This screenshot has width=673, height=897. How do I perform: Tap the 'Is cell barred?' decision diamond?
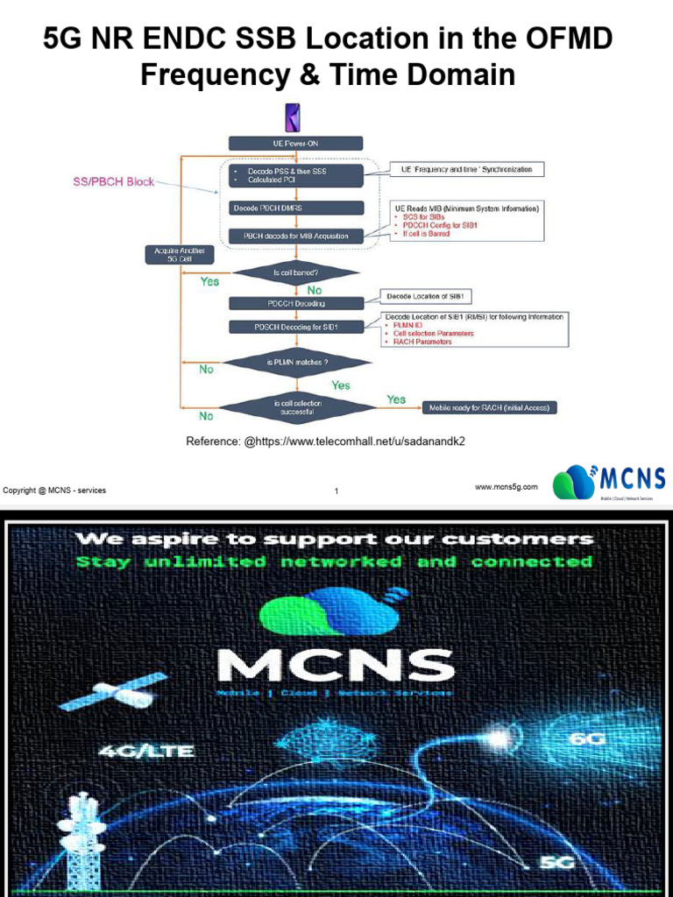click(295, 273)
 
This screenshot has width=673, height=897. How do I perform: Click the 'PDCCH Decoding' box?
click(295, 303)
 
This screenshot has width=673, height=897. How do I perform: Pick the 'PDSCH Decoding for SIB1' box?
click(295, 327)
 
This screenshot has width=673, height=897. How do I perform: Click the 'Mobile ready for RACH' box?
click(491, 407)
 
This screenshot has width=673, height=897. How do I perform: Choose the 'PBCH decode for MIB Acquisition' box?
click(295, 236)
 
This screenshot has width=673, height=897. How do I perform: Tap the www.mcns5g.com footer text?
click(507, 486)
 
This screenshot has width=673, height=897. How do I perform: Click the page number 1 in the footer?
click(336, 491)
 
